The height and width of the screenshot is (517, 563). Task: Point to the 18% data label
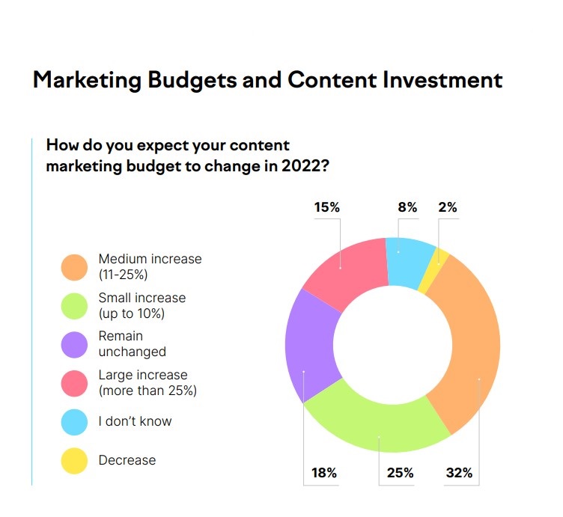tap(324, 473)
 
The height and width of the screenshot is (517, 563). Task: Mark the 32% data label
tap(458, 473)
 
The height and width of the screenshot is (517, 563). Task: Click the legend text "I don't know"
tap(135, 421)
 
